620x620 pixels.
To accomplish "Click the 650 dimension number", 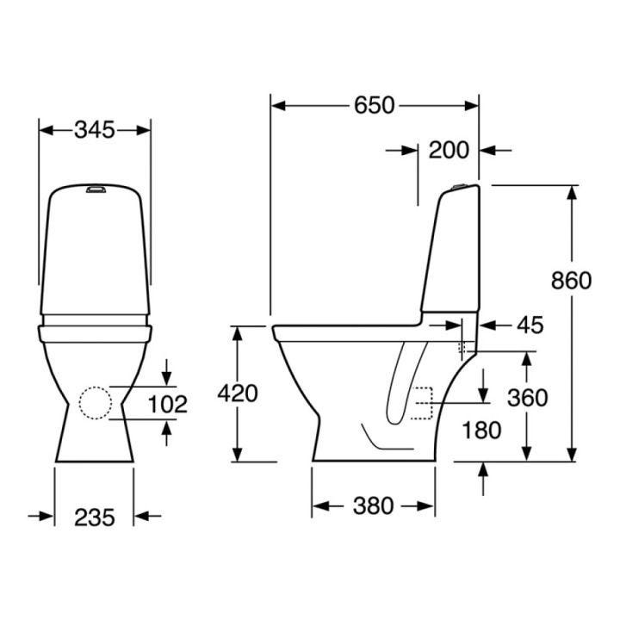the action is (374, 106).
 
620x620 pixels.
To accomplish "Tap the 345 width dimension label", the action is (95, 130).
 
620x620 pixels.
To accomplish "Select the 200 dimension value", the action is (449, 150).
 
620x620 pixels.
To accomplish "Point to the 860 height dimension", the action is (572, 281).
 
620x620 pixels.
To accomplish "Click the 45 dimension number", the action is (530, 325).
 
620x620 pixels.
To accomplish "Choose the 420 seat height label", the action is (238, 394).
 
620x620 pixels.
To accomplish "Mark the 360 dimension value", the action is (528, 398).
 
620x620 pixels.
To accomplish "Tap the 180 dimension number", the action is (481, 431).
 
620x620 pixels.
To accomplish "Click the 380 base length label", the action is (373, 505).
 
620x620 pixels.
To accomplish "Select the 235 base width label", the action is (95, 518).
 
